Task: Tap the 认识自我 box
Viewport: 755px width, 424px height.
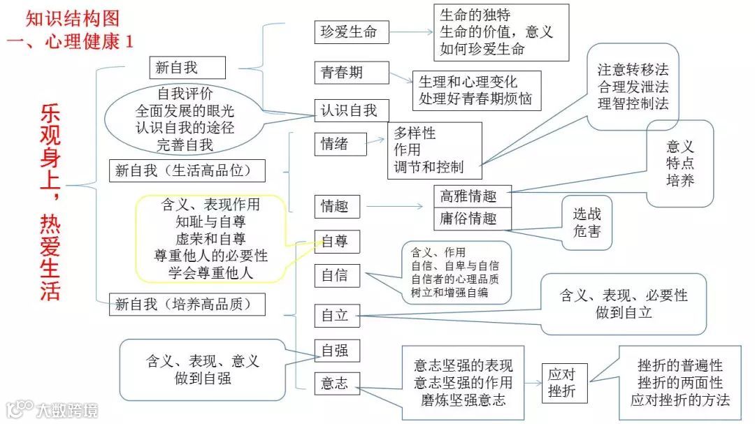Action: [x=348, y=110]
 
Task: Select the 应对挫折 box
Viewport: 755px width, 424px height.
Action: [x=563, y=383]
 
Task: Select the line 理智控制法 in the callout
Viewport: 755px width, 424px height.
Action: [x=633, y=103]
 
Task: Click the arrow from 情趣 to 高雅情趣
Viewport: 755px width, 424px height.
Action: [x=394, y=206]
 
